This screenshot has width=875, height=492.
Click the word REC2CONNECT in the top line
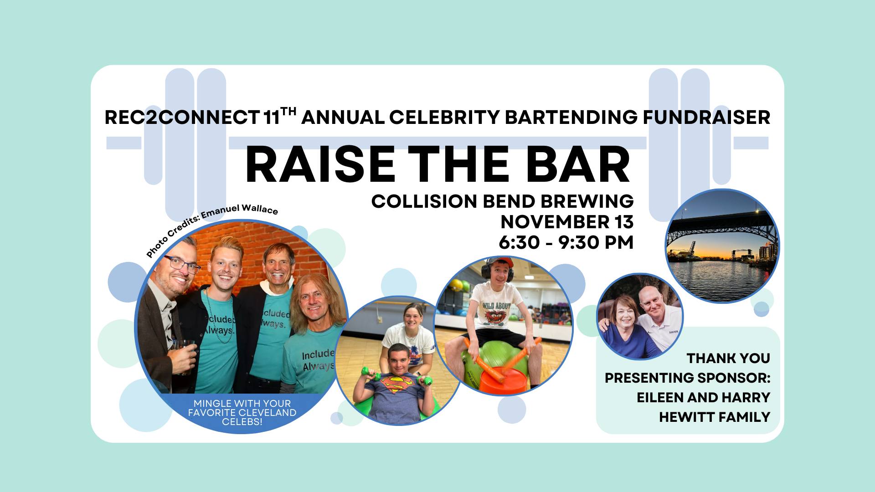[x=182, y=118]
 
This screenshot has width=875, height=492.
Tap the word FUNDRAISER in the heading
[x=706, y=118]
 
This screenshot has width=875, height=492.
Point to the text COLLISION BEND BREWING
[x=502, y=201]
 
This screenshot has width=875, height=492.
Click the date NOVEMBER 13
[x=567, y=222]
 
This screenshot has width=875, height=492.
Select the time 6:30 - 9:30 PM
[x=566, y=242]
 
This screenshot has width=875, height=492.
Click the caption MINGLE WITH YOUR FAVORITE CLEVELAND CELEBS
[x=242, y=412]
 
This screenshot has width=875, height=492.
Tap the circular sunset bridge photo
[x=722, y=246]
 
